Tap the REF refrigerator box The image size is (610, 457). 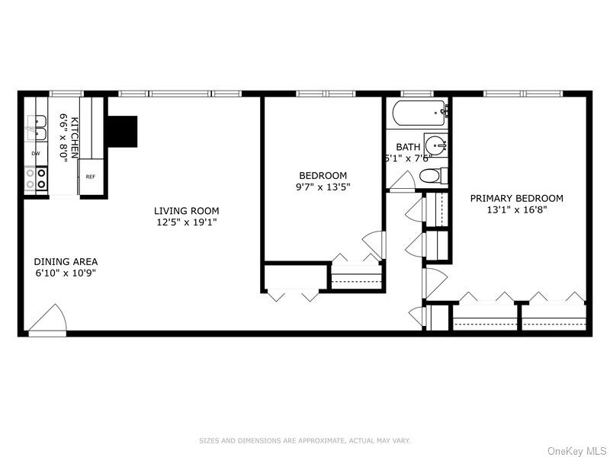(90, 177)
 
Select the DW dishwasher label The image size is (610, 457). (35, 154)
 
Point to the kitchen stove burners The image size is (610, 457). (35, 178)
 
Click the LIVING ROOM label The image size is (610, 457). (186, 211)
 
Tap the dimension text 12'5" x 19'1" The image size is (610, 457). (186, 223)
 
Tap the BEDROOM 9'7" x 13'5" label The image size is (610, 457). (323, 181)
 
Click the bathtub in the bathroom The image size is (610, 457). (419, 115)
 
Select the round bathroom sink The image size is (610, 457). (435, 145)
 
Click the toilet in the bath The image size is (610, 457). (431, 177)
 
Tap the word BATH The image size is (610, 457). (408, 147)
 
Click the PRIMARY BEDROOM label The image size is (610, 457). (517, 198)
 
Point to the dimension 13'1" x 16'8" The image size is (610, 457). (517, 210)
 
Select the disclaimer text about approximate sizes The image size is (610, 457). (305, 440)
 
